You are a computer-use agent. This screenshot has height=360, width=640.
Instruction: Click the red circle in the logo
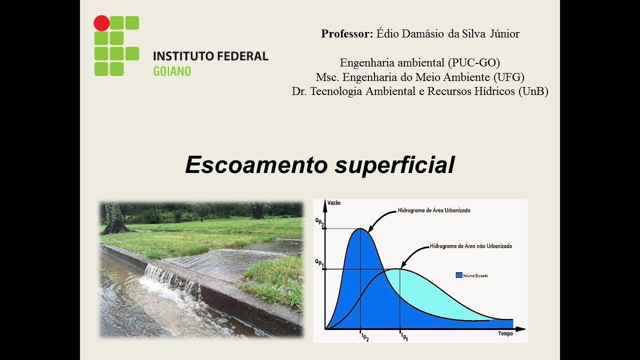tap(101, 23)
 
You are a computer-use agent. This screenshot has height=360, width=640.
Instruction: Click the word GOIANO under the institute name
tap(171, 71)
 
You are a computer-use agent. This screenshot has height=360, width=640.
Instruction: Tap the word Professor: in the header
tap(347, 34)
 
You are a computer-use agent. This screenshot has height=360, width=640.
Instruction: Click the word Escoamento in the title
tap(257, 165)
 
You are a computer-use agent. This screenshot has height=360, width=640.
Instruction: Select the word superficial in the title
tap(394, 165)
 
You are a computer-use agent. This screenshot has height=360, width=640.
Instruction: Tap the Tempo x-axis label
tap(505, 334)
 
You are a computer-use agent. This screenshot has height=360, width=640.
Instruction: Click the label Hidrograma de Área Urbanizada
tap(434, 210)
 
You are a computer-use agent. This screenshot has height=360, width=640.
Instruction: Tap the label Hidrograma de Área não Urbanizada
tap(470, 246)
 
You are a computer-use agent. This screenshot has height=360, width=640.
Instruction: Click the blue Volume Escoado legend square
tap(458, 275)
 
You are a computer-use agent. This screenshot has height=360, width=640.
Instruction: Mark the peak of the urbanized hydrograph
tap(361, 229)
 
